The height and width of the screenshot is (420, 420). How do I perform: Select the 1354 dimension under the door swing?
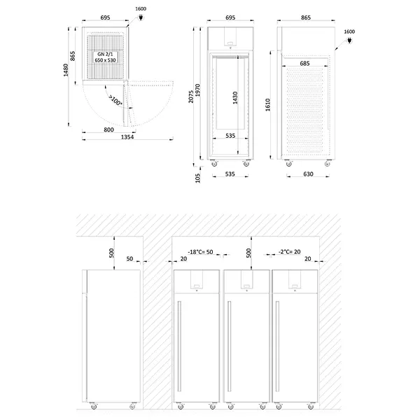(x=127, y=138)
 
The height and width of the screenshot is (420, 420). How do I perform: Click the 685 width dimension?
(x=304, y=64)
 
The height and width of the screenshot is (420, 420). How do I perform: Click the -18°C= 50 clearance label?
(x=202, y=252)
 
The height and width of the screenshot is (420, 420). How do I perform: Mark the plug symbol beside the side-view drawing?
(x=349, y=42)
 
